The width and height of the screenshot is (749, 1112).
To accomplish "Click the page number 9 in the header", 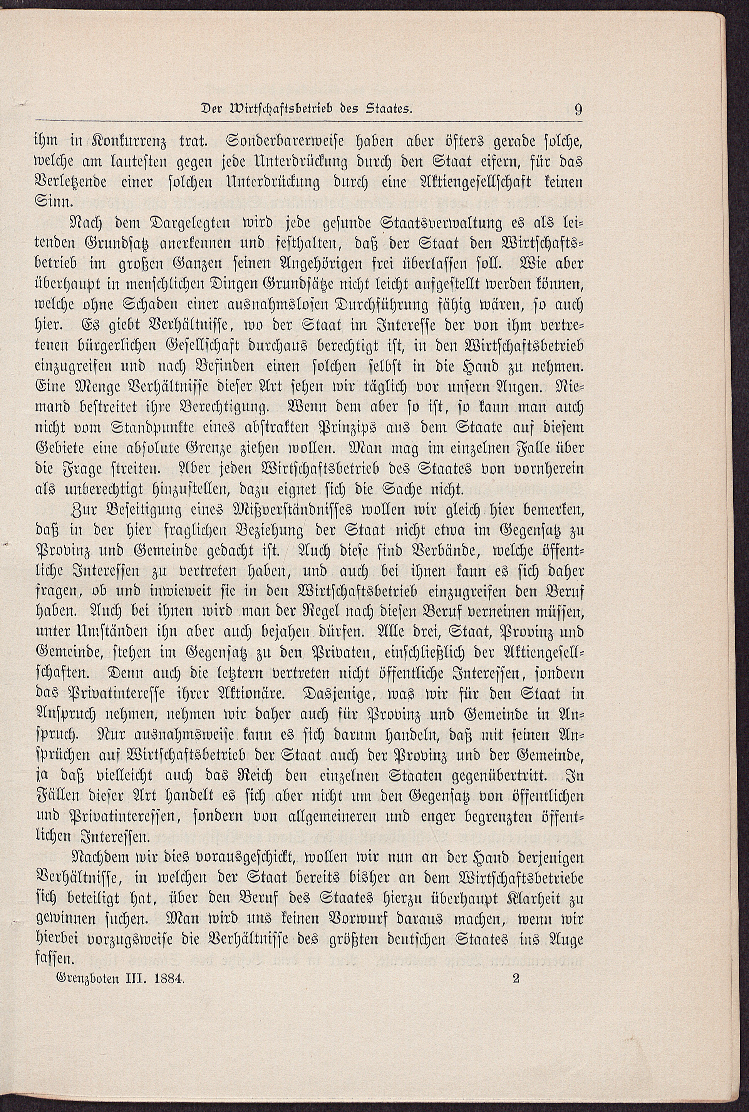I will click(x=578, y=110).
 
